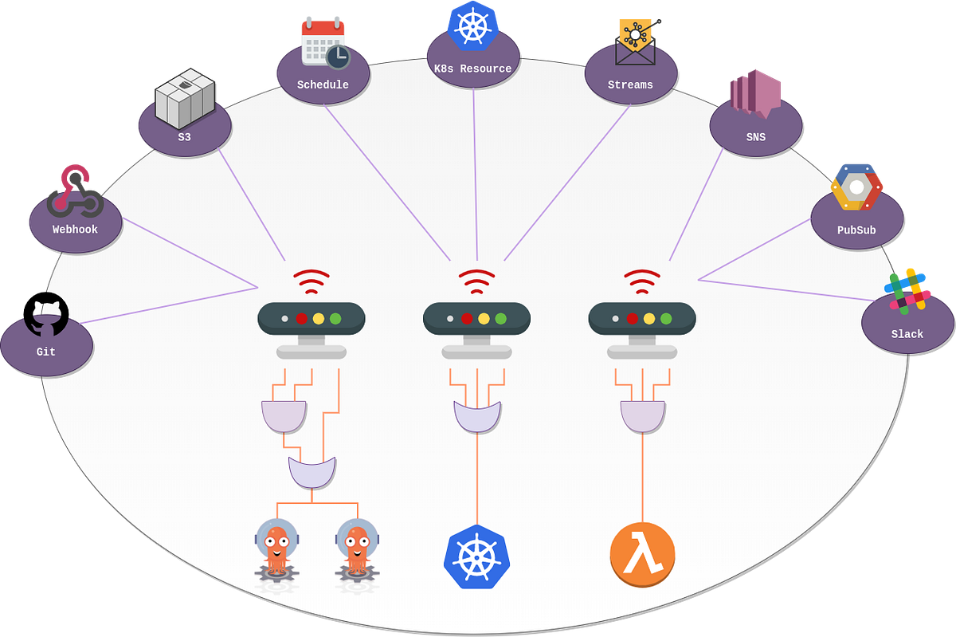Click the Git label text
(46, 352)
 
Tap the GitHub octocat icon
(46, 314)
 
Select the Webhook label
(75, 230)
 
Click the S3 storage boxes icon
(185, 99)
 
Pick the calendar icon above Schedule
(323, 41)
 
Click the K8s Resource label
(472, 69)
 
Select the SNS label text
(755, 137)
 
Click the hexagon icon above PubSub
(856, 187)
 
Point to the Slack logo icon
(907, 289)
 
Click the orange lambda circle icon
(642, 554)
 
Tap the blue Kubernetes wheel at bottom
(476, 555)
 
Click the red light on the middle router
(467, 318)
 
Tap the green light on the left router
(335, 318)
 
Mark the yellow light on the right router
(649, 318)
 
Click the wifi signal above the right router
(642, 281)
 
